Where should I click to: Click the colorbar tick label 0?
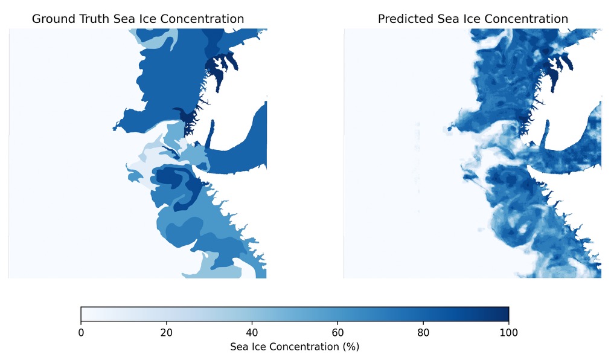81,332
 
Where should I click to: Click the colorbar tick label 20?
167,332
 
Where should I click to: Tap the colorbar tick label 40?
252,332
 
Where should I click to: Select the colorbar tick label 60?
337,332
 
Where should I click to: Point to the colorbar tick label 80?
423,332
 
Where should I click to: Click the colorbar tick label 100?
508,332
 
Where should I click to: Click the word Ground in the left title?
53,19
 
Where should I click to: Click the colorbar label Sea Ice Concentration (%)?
295,347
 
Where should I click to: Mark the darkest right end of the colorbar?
506,314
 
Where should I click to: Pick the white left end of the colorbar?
84,314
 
